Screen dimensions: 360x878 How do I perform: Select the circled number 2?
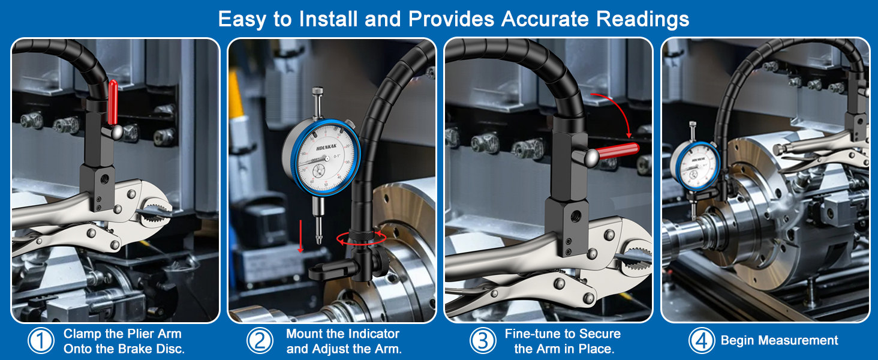point(260,341)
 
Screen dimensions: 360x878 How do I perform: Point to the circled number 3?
point(482,341)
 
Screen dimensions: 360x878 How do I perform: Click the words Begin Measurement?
point(779,341)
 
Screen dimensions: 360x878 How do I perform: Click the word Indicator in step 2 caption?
point(371,334)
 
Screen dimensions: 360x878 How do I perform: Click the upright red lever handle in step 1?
point(113,101)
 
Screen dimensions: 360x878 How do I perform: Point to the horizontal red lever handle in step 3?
point(617,151)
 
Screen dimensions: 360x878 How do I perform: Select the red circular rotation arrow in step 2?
point(359,238)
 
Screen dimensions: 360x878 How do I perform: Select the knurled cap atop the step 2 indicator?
point(317,92)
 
